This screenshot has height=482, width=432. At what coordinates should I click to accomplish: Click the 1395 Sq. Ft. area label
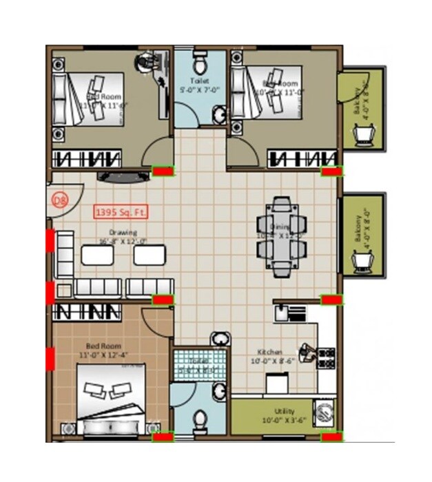(121, 212)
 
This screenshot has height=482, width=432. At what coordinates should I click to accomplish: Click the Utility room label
(283, 416)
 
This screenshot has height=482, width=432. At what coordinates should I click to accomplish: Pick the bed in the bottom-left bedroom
(111, 399)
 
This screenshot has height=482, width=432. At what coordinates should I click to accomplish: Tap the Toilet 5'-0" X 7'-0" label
(200, 85)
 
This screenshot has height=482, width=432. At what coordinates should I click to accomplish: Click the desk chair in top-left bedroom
(147, 61)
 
